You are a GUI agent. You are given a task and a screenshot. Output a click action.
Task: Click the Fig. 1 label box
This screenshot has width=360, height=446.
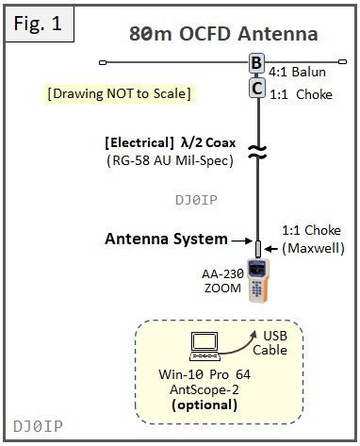[x=40, y=24]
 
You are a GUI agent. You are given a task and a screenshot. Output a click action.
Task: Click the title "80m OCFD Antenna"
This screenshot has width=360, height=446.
[x=223, y=34]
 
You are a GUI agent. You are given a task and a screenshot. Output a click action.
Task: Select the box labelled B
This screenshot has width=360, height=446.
[x=256, y=63]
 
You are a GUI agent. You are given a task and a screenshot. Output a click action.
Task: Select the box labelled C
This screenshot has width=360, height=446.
[x=257, y=88]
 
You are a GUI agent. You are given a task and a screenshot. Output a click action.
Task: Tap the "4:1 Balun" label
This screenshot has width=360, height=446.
[x=297, y=72]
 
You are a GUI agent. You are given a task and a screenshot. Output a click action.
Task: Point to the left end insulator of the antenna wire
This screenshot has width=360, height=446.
[x=103, y=62]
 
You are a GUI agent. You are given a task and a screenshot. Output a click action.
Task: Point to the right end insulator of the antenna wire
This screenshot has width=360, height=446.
[x=342, y=62]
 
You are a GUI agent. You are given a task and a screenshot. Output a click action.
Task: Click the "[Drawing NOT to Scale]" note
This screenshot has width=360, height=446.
[x=120, y=93]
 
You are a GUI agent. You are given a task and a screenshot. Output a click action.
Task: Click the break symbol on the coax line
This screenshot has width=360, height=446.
[x=257, y=152]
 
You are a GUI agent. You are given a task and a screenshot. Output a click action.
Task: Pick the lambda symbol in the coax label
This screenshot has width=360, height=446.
[x=185, y=143]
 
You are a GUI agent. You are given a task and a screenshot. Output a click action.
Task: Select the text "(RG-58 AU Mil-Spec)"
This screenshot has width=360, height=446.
[x=170, y=160]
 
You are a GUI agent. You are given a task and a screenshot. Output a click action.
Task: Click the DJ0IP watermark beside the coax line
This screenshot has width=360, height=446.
[x=196, y=200]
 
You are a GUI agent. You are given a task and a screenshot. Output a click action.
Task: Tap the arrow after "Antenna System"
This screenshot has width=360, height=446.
[x=242, y=241]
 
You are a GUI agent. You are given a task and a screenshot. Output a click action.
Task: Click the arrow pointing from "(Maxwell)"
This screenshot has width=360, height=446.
[x=271, y=249]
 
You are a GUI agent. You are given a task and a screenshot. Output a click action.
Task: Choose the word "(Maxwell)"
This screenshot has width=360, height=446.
[x=313, y=248]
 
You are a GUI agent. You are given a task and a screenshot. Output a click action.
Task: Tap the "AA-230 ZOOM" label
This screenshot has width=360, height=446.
[x=222, y=281]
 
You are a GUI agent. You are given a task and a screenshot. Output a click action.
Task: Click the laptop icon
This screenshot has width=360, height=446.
[x=205, y=346]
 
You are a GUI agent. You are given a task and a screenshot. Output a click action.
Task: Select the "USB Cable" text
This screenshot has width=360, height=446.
[x=270, y=343]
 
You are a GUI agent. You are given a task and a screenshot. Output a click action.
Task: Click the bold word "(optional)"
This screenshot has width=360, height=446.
[x=205, y=405]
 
